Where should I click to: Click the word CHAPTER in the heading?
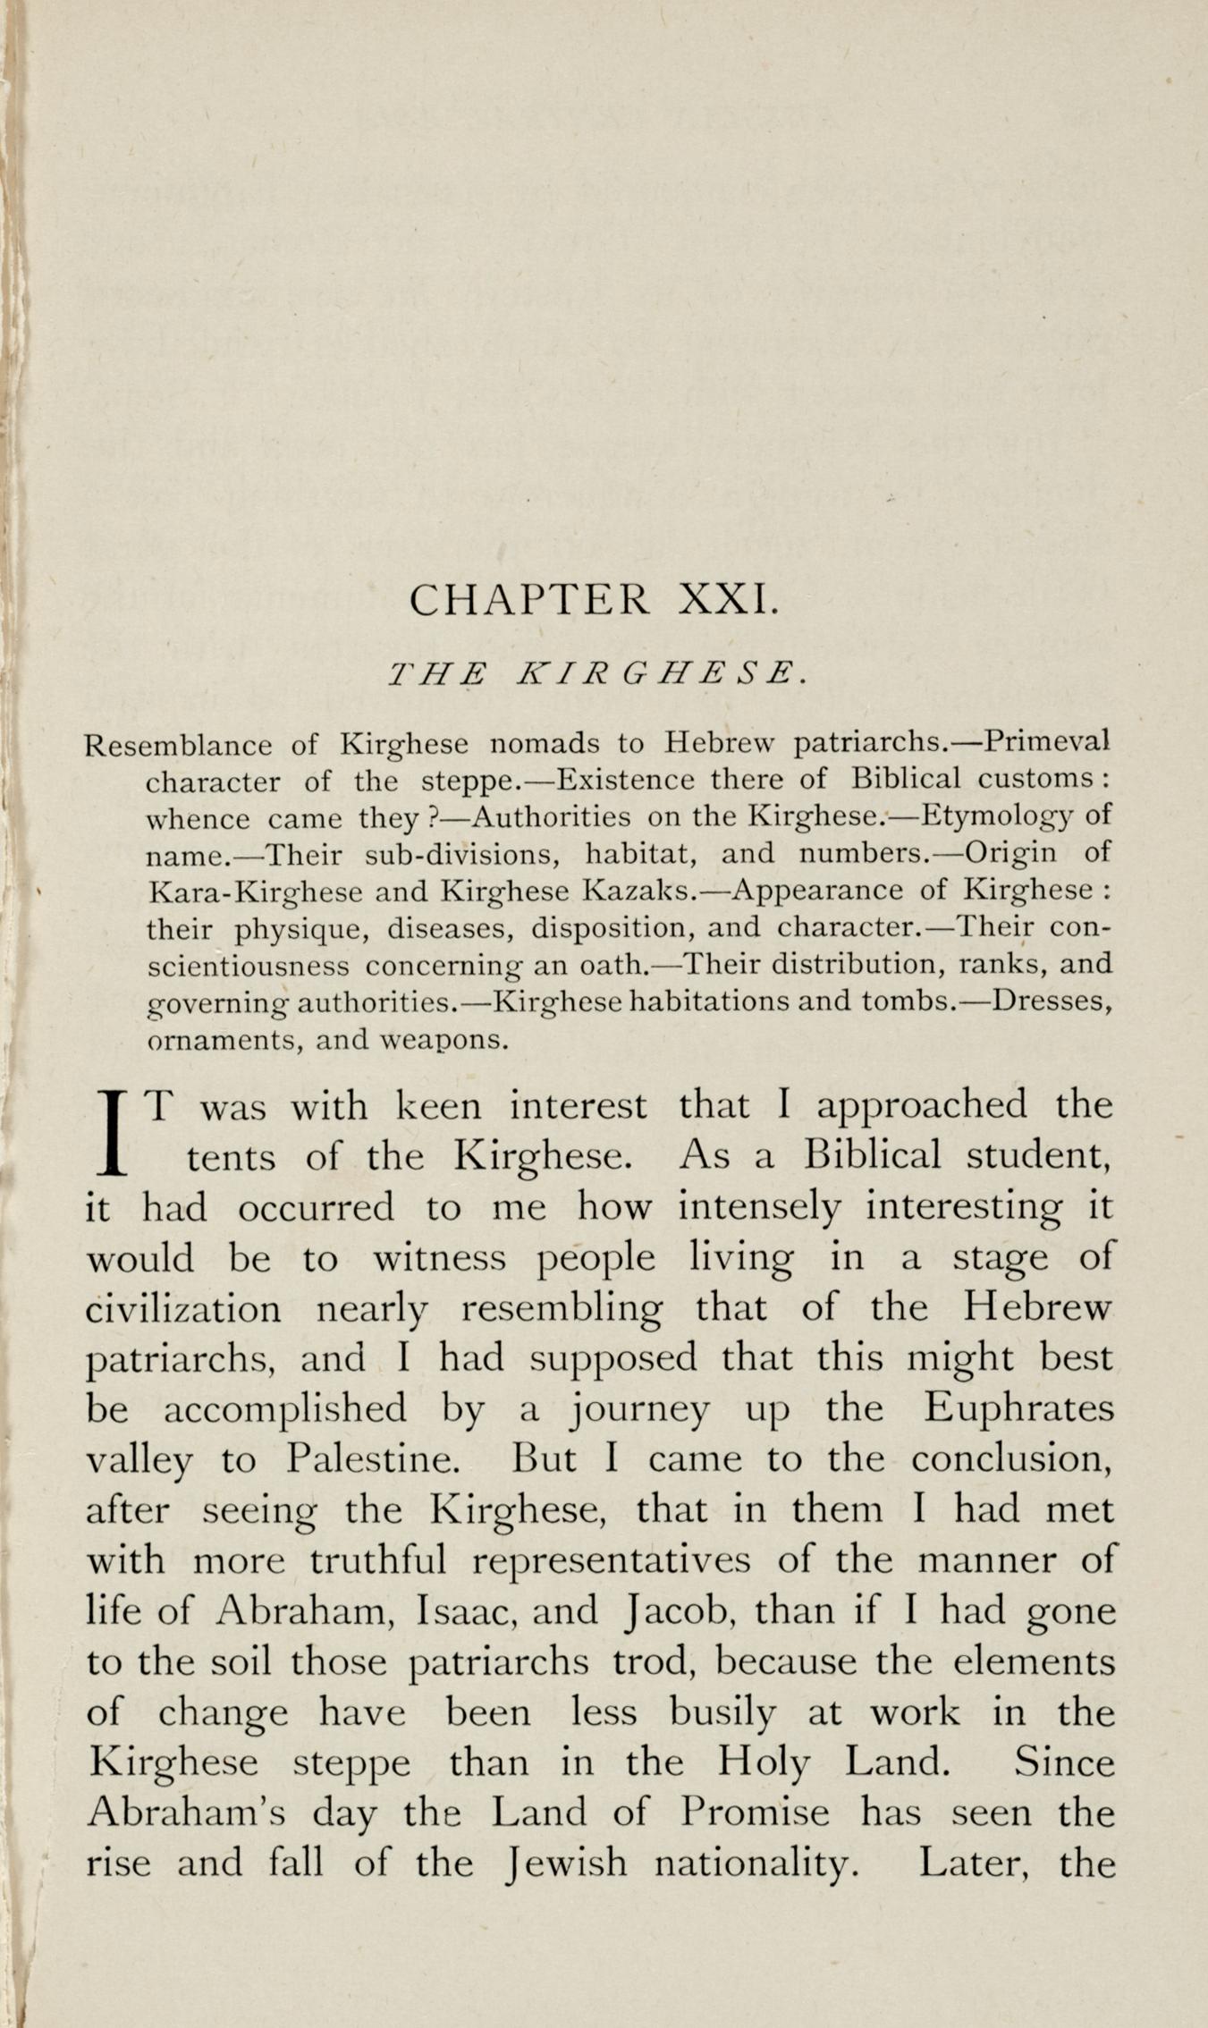point(528,599)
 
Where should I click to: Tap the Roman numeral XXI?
point(729,599)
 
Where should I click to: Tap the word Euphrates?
point(1018,1408)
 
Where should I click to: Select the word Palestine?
point(374,1459)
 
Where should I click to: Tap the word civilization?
point(183,1308)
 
